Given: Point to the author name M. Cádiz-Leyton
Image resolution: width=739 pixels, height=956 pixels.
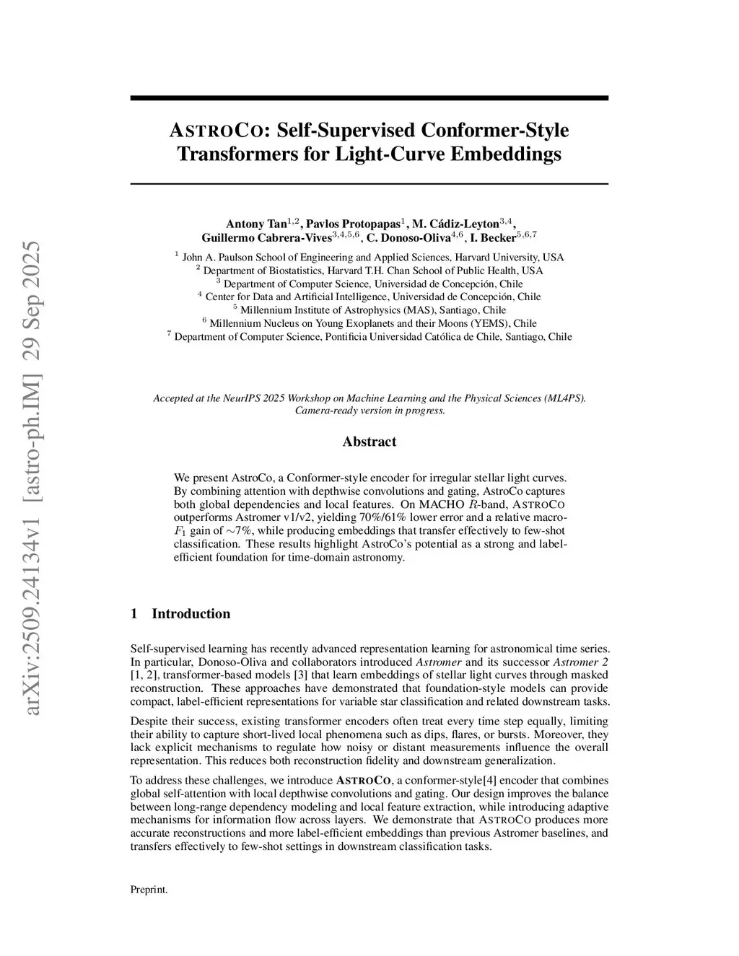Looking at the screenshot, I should coord(455,224).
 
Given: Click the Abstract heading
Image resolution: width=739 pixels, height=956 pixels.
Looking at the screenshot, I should coord(369,442).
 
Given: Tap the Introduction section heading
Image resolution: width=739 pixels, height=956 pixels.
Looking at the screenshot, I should coord(191,614).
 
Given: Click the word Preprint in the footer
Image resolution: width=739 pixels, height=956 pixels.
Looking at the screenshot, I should coord(149,890).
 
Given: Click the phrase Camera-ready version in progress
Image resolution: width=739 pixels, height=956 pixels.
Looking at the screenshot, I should coord(369,411).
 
